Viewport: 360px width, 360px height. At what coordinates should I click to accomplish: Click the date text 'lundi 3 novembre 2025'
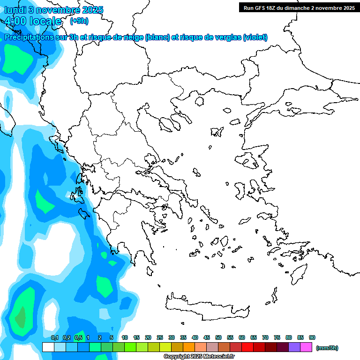(54, 10)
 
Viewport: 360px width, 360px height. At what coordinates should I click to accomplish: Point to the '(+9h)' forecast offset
(79, 21)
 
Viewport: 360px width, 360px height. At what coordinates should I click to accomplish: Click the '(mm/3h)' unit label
(327, 348)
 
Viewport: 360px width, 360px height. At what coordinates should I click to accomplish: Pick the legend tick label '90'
(312, 337)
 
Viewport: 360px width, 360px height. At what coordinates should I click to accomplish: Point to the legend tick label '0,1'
(55, 337)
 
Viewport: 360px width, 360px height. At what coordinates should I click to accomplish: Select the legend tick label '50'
(218, 337)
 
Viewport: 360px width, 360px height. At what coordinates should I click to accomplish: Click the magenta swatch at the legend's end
(306, 347)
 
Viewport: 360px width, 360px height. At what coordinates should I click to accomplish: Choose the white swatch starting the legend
(48, 347)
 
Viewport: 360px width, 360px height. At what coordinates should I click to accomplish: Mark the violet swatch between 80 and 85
(294, 347)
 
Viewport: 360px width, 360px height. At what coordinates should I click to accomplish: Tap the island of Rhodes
(299, 273)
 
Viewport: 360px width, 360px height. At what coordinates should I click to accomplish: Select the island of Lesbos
(250, 161)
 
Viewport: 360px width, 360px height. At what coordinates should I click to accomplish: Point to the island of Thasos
(200, 101)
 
